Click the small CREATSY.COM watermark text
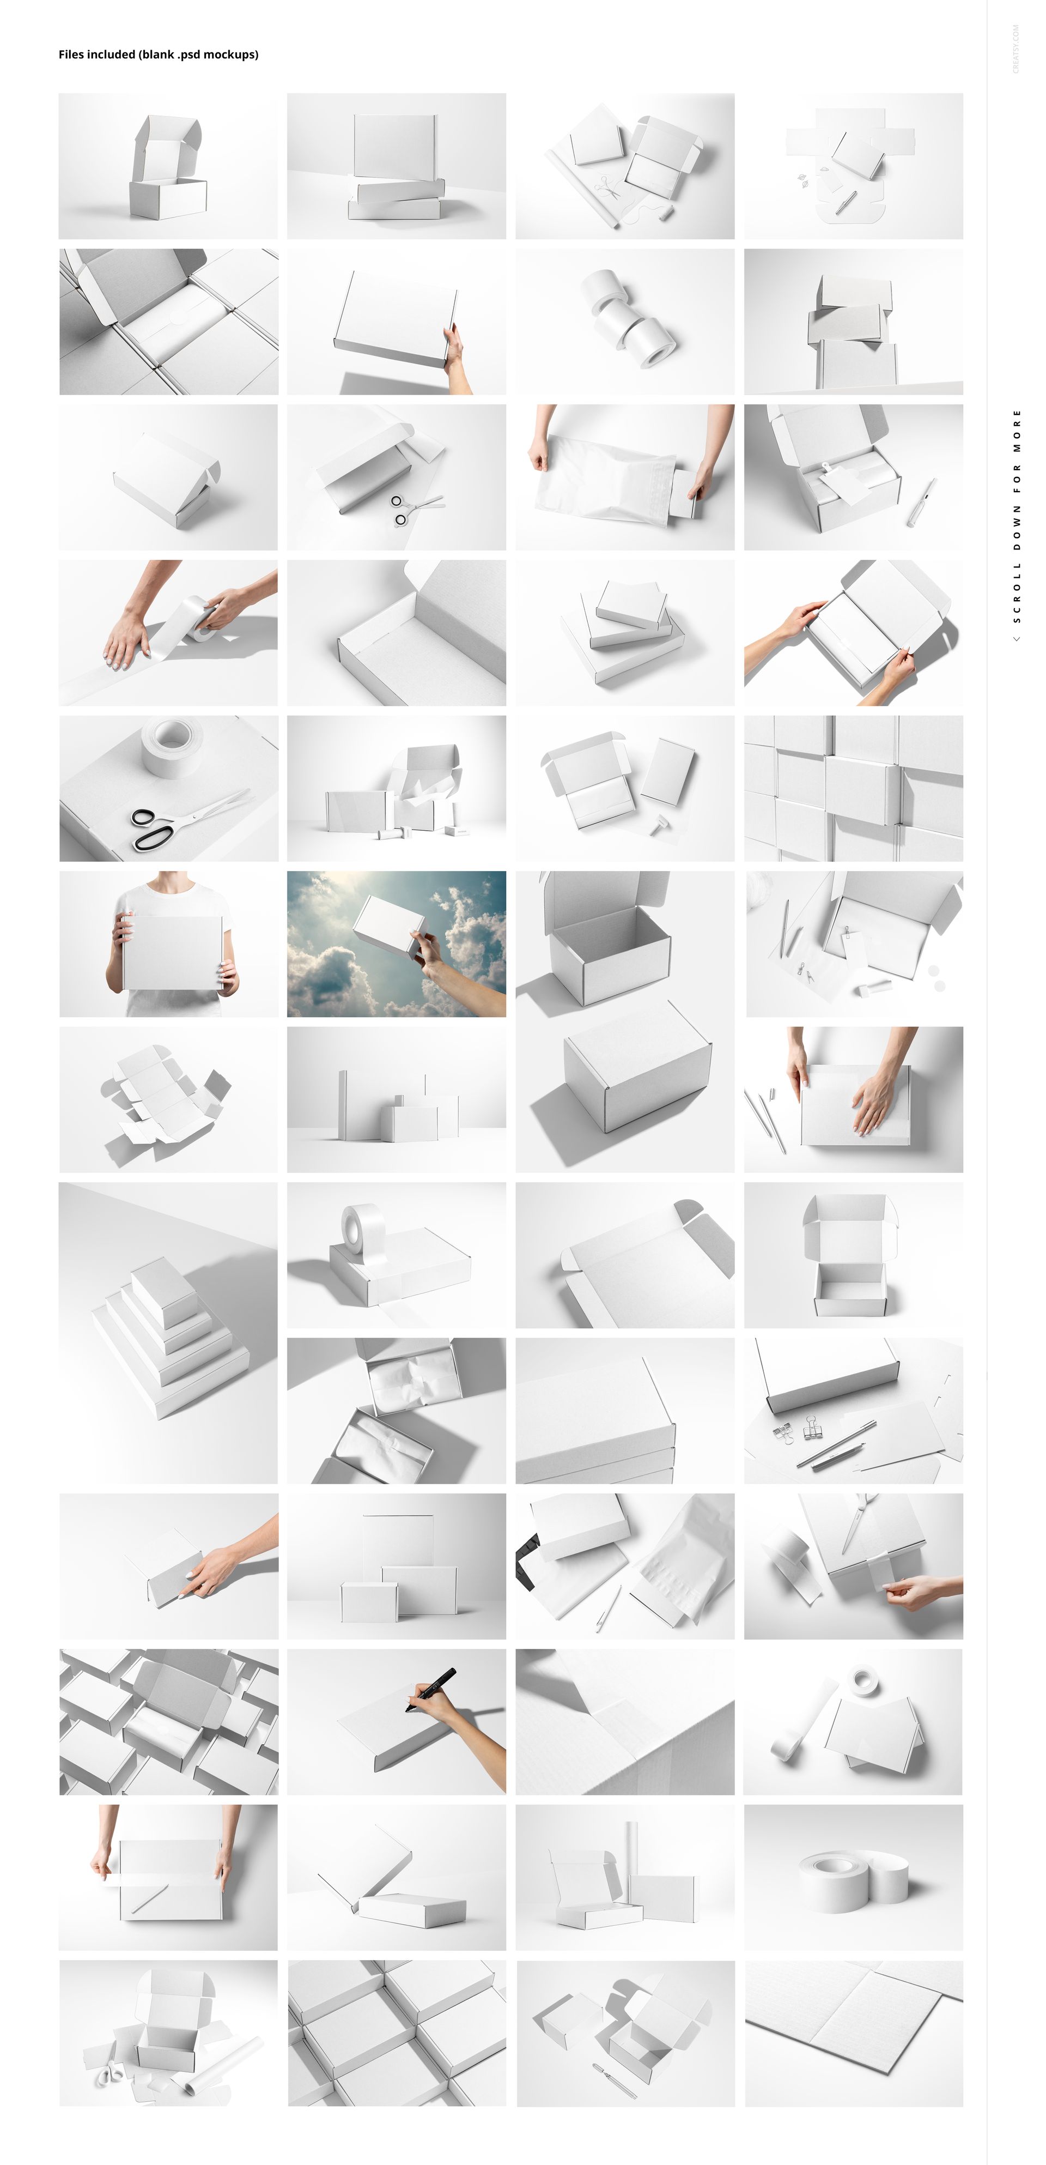(x=1015, y=48)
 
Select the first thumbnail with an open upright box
(x=168, y=166)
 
